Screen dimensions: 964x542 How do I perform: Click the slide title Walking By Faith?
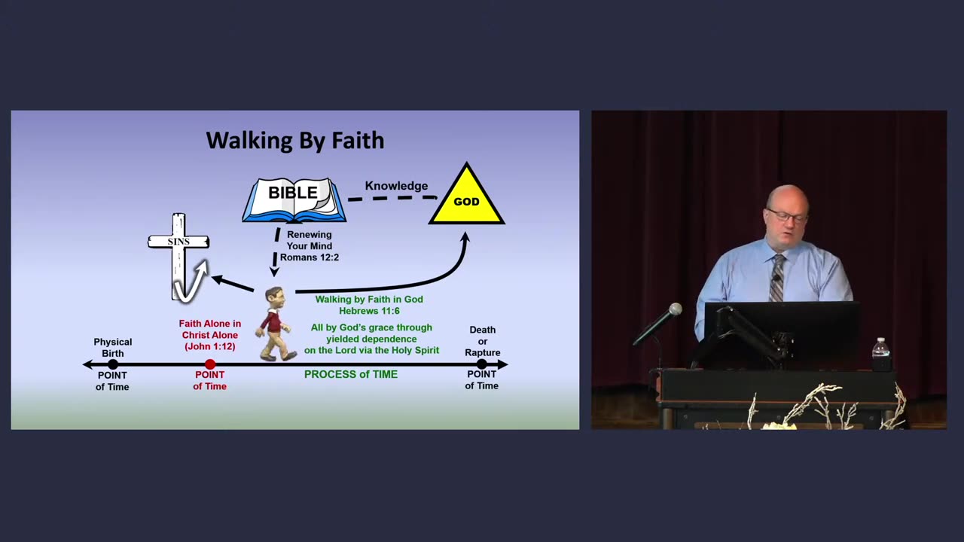click(295, 141)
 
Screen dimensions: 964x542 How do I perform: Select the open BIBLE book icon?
click(294, 200)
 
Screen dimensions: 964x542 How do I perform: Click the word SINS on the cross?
click(178, 242)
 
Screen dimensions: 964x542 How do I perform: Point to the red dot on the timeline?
click(210, 364)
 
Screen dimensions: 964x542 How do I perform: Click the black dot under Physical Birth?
click(113, 364)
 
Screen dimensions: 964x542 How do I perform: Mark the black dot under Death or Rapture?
click(481, 364)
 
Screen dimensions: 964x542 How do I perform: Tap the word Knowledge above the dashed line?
click(396, 186)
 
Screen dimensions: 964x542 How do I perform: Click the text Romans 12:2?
click(310, 257)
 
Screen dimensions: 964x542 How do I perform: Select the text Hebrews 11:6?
click(369, 311)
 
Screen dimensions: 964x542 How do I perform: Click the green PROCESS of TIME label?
click(351, 374)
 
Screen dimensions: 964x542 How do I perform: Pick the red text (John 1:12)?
click(210, 346)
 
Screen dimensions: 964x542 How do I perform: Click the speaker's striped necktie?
click(776, 278)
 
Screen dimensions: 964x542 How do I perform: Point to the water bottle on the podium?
click(880, 349)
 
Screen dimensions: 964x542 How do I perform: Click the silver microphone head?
click(675, 309)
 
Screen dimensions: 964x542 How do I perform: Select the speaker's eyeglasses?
click(787, 216)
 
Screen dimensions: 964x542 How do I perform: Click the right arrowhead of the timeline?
click(502, 364)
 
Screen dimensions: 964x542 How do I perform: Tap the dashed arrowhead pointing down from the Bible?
click(274, 272)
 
